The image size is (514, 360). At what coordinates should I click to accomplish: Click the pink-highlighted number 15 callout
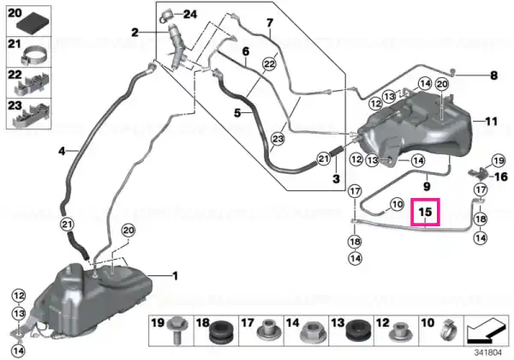pyautogui.click(x=425, y=212)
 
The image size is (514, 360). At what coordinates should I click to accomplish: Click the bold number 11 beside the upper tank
pyautogui.click(x=491, y=122)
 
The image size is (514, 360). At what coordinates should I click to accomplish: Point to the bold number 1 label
pyautogui.click(x=176, y=276)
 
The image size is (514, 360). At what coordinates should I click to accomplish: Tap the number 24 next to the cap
pyautogui.click(x=190, y=15)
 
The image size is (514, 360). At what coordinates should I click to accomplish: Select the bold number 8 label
pyautogui.click(x=493, y=75)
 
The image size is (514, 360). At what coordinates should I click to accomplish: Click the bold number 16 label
pyautogui.click(x=501, y=177)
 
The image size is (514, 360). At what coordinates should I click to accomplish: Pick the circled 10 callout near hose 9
pyautogui.click(x=397, y=205)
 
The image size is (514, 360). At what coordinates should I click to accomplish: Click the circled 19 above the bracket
pyautogui.click(x=499, y=160)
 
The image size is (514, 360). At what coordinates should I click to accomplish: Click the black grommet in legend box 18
pyautogui.click(x=222, y=332)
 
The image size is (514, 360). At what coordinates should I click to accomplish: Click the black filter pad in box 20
pyautogui.click(x=33, y=23)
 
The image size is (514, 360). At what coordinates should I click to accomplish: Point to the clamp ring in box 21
pyautogui.click(x=35, y=55)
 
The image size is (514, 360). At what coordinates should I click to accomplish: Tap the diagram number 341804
pyautogui.click(x=488, y=353)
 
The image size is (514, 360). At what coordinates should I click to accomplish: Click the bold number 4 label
pyautogui.click(x=62, y=151)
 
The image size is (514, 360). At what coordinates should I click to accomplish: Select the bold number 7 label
pyautogui.click(x=270, y=23)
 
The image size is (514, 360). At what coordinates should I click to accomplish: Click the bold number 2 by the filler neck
pyautogui.click(x=134, y=33)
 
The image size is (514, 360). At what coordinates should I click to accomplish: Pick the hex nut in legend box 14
pyautogui.click(x=312, y=332)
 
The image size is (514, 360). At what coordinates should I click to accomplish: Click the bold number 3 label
pyautogui.click(x=336, y=178)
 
